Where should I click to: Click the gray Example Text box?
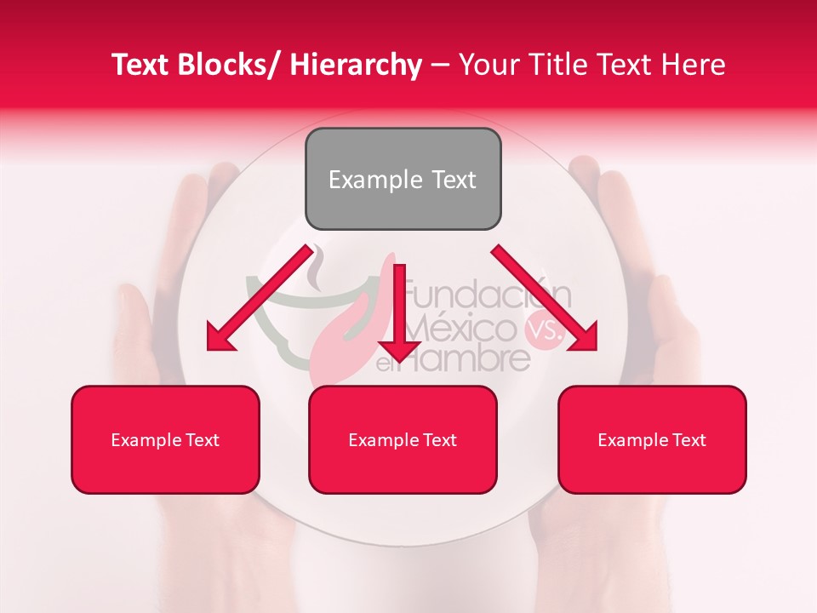[x=403, y=179]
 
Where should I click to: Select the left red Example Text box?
[x=165, y=439]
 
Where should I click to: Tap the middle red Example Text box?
[x=403, y=439]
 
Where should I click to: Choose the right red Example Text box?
[x=652, y=439]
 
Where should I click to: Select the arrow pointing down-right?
[x=545, y=297]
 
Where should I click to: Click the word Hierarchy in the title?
[x=356, y=65]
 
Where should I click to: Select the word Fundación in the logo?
[x=487, y=297]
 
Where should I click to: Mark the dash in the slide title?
[x=440, y=66]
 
